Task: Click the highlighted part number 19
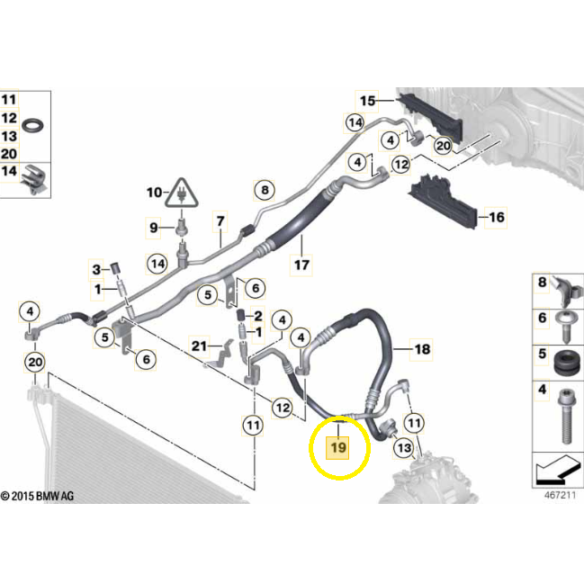[x=338, y=447]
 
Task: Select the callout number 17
[x=301, y=265]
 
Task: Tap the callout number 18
[x=421, y=348]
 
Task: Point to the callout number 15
[x=367, y=100]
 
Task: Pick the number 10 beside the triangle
[x=154, y=192]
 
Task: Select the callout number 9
[x=153, y=226]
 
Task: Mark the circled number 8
[x=264, y=191]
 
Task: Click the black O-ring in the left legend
[x=34, y=123]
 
